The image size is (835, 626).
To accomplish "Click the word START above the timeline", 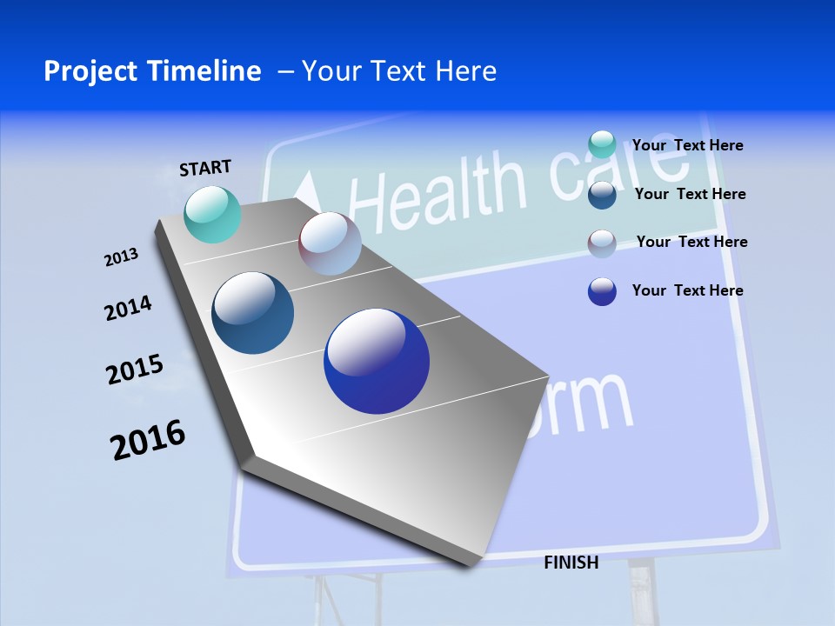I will point(205,168).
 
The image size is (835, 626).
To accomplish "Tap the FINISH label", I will point(571,563).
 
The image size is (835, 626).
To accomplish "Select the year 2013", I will point(121,257).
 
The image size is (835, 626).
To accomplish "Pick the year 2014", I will point(128,309).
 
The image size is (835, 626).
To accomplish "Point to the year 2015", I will point(135,370).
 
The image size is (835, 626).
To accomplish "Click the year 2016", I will point(148,440).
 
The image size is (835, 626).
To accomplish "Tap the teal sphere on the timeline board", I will point(213,214).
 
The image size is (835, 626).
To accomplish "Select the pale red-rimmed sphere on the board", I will point(330,243).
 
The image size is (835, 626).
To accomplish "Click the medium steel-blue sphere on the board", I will point(253,313).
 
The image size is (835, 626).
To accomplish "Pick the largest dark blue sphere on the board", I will point(377,361).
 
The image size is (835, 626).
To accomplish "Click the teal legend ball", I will point(602,144).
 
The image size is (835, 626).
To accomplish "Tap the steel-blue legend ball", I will point(602,194).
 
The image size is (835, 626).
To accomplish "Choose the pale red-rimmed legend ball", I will point(602,243).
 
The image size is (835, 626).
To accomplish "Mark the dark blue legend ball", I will point(602,291).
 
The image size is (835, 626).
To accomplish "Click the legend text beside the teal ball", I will point(687,145).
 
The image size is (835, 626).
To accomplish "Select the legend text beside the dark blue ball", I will point(687,290).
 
